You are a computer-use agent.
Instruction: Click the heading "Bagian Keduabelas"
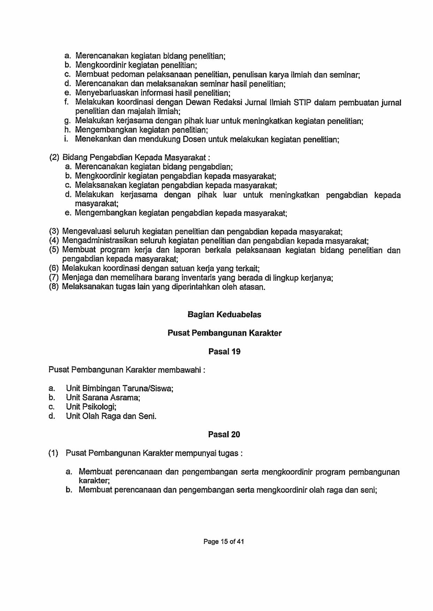(x=224, y=314)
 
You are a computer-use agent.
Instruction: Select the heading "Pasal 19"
(x=224, y=351)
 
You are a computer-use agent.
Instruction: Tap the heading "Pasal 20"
(x=224, y=434)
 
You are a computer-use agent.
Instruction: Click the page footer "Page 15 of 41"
(x=223, y=541)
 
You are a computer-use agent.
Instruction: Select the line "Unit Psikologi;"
(x=91, y=407)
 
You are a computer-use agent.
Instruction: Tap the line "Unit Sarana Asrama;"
(x=103, y=398)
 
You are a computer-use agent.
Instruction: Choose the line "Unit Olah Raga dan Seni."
(x=111, y=416)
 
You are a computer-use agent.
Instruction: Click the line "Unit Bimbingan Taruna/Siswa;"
(x=120, y=388)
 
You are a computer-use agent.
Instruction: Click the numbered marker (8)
(x=54, y=287)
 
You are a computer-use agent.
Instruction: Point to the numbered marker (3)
(x=54, y=232)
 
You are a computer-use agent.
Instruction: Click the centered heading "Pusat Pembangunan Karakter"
(x=224, y=333)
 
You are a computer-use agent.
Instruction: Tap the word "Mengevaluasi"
(x=86, y=232)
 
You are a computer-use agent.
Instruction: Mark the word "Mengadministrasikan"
(x=100, y=241)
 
